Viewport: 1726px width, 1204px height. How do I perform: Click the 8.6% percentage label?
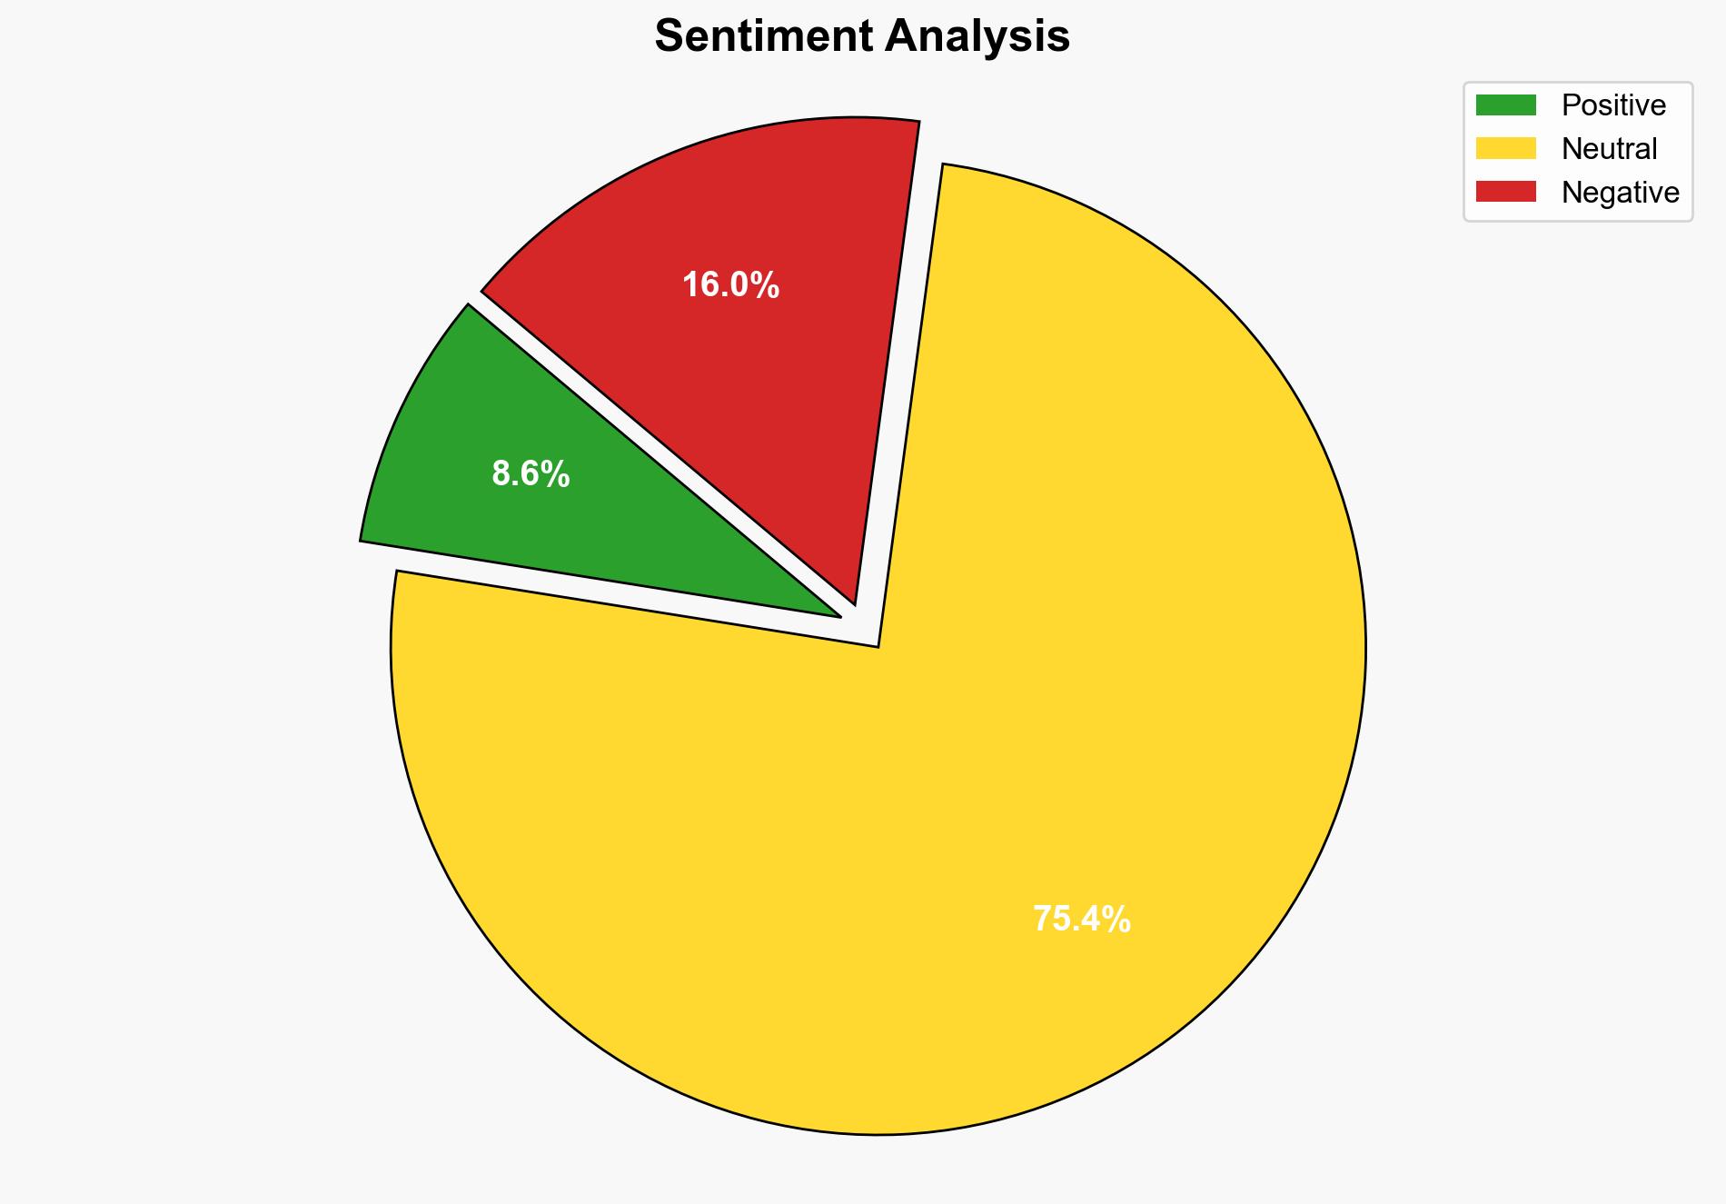531,474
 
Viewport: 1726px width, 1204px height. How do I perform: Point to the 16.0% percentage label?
730,285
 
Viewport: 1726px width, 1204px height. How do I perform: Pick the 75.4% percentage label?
1081,920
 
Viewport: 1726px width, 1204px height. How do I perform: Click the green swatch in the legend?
1505,105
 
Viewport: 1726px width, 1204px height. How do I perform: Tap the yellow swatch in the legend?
1505,148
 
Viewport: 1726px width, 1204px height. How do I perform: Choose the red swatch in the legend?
1505,192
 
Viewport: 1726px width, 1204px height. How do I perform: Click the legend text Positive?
1613,105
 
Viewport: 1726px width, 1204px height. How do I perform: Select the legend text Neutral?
1609,148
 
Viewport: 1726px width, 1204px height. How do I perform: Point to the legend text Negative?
1620,192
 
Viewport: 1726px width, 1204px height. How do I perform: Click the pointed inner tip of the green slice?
838,616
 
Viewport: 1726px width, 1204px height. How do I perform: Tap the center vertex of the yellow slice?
877,645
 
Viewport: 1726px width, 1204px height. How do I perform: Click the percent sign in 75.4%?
1118,920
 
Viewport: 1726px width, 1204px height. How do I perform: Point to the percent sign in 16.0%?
767,285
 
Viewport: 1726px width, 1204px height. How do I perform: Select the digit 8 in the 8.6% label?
501,474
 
